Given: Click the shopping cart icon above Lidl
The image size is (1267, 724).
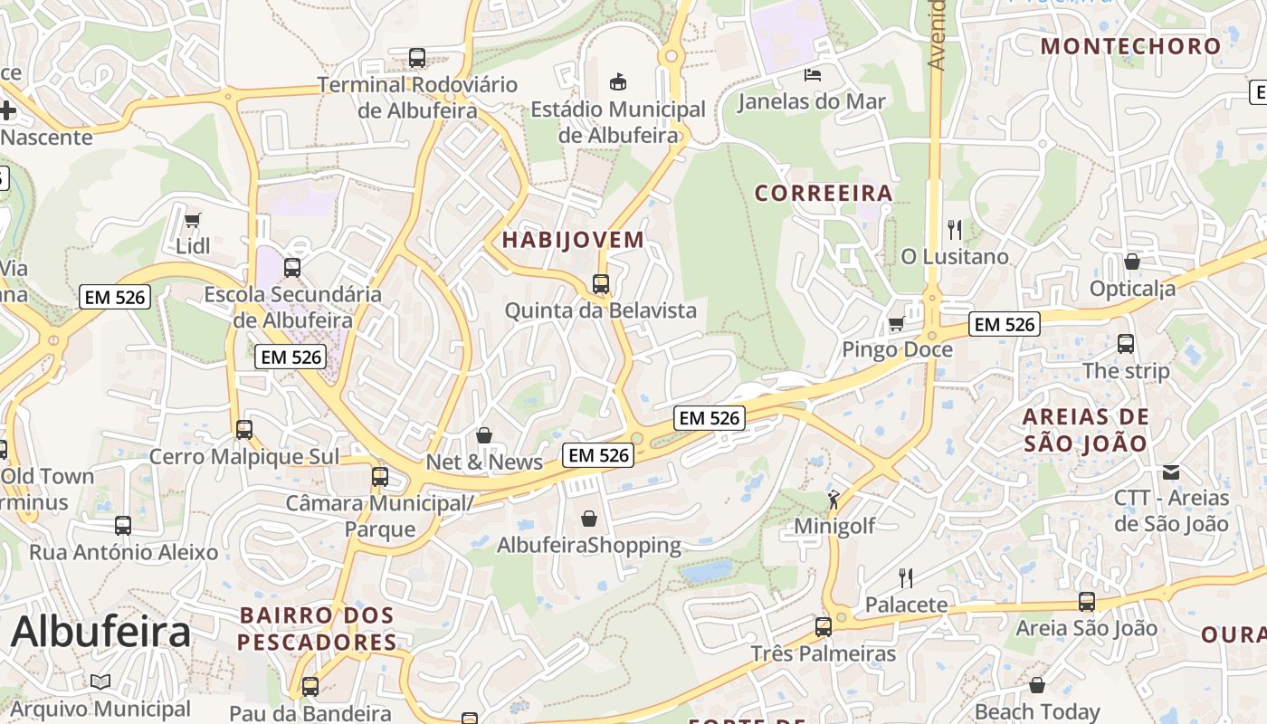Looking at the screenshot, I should pyautogui.click(x=192, y=220).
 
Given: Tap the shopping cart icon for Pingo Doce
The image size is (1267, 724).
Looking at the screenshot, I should pyautogui.click(x=897, y=323).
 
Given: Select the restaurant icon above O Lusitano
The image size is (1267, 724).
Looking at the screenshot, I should pyautogui.click(x=955, y=229).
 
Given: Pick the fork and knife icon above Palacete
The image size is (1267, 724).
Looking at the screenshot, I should pyautogui.click(x=906, y=577).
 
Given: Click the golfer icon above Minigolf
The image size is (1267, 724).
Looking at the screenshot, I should pyautogui.click(x=834, y=499).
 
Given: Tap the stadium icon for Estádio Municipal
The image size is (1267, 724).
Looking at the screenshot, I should pyautogui.click(x=618, y=82).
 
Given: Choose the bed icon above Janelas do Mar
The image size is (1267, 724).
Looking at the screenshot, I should pyautogui.click(x=812, y=74).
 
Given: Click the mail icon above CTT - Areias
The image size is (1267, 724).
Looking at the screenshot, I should pyautogui.click(x=1171, y=472).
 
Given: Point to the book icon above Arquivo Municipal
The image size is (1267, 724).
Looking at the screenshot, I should pyautogui.click(x=100, y=681).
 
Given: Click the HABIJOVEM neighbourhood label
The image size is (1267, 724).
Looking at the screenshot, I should pyautogui.click(x=573, y=240).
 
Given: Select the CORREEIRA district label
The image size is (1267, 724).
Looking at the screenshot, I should pyautogui.click(x=824, y=193).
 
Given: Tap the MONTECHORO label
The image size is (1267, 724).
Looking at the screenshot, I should pyautogui.click(x=1130, y=46).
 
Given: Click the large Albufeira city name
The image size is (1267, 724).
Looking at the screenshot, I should pyautogui.click(x=100, y=631).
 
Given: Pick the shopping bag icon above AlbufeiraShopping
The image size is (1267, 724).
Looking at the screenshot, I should pyautogui.click(x=589, y=519).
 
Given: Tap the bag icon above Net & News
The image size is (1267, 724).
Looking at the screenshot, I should pyautogui.click(x=484, y=435).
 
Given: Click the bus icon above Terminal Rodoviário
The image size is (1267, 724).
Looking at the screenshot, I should pyautogui.click(x=417, y=57).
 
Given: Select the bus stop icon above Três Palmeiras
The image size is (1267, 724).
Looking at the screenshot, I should pyautogui.click(x=824, y=626).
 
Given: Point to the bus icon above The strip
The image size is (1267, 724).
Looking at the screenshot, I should pyautogui.click(x=1126, y=344).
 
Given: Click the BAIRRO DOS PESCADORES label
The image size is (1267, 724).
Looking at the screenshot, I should pyautogui.click(x=318, y=629).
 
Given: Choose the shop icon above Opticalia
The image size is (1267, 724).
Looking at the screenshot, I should pyautogui.click(x=1132, y=262).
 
